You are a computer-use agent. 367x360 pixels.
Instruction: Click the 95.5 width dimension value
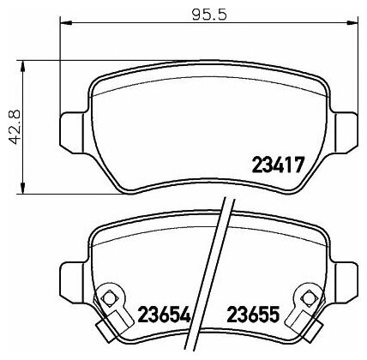(209, 15)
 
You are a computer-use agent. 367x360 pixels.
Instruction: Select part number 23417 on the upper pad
(277, 165)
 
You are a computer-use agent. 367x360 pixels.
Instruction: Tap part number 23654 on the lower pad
(164, 314)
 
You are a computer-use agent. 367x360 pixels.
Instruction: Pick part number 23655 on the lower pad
(253, 314)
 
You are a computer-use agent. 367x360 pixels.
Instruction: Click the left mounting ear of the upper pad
(71, 129)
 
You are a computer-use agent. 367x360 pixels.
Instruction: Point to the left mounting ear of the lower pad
(71, 279)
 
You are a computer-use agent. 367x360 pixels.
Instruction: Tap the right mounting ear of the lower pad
(346, 280)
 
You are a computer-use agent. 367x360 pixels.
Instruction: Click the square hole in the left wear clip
(109, 298)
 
